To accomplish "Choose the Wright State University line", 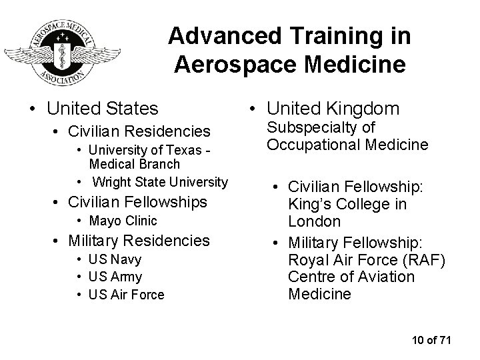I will pyautogui.click(x=160, y=181).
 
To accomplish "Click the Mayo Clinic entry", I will pyautogui.click(x=125, y=221).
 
